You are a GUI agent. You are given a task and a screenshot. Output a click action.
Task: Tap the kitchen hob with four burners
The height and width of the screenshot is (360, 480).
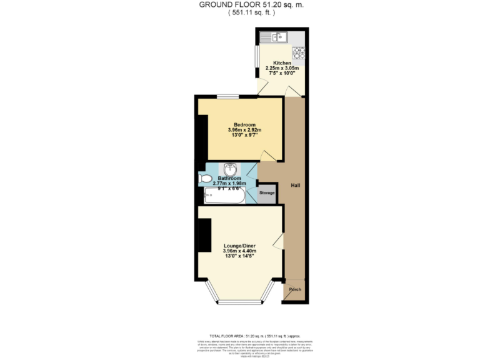297,52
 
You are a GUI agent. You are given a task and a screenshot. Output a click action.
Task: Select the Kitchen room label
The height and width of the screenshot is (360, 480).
282,63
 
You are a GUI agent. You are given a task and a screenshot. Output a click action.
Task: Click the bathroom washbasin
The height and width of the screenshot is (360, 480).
230,170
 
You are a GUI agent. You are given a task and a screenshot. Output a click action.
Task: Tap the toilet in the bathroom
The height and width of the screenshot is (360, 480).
205,179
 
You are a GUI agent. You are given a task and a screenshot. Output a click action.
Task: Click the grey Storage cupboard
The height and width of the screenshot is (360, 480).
267,193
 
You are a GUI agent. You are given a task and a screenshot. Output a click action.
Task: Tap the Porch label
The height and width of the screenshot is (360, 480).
294,289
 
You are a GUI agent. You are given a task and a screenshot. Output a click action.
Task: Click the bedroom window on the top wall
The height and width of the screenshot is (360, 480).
227,96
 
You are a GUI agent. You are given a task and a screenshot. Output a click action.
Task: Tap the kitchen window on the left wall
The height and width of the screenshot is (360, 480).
257,56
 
